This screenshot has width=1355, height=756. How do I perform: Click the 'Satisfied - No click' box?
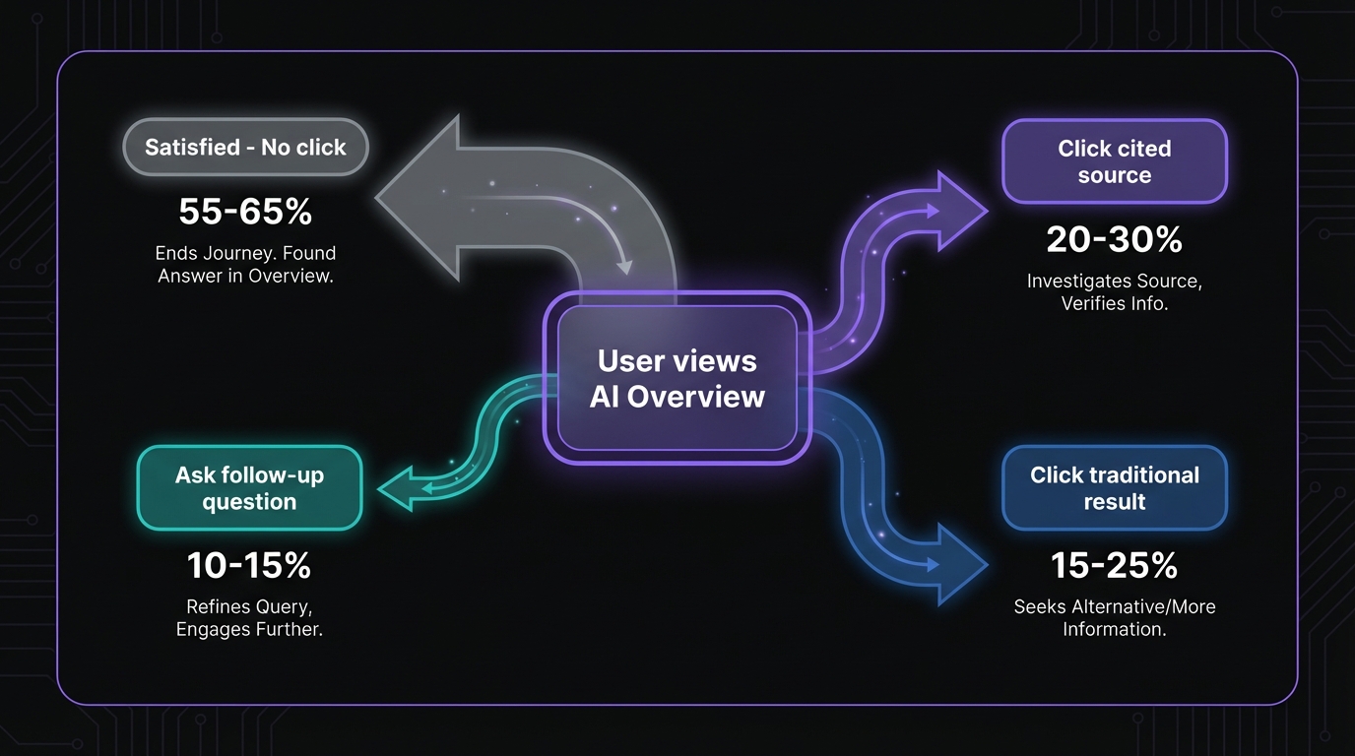click(x=245, y=148)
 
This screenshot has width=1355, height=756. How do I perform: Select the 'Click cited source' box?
click(x=1114, y=161)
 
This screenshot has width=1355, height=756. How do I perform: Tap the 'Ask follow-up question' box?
click(x=249, y=488)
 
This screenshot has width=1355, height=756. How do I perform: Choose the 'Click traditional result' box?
click(x=1114, y=488)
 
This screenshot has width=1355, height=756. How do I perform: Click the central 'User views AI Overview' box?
click(x=677, y=378)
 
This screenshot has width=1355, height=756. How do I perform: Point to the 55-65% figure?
click(x=245, y=211)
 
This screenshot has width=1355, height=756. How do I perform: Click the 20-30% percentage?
click(x=1114, y=239)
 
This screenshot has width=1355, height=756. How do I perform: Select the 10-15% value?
click(x=249, y=565)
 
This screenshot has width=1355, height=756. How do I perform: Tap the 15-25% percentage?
click(x=1114, y=565)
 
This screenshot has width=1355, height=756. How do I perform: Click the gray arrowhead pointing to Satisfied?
click(x=419, y=197)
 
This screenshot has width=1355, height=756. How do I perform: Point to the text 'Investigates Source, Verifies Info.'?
click(x=1114, y=292)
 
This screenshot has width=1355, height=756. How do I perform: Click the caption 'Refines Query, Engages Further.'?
click(x=249, y=618)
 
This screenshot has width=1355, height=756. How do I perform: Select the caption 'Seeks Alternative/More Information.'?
click(x=1114, y=618)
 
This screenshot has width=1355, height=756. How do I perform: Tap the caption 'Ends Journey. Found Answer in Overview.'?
click(x=245, y=265)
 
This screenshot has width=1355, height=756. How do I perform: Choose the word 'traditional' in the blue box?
click(x=1142, y=475)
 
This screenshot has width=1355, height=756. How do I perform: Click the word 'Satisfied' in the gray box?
click(x=192, y=148)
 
